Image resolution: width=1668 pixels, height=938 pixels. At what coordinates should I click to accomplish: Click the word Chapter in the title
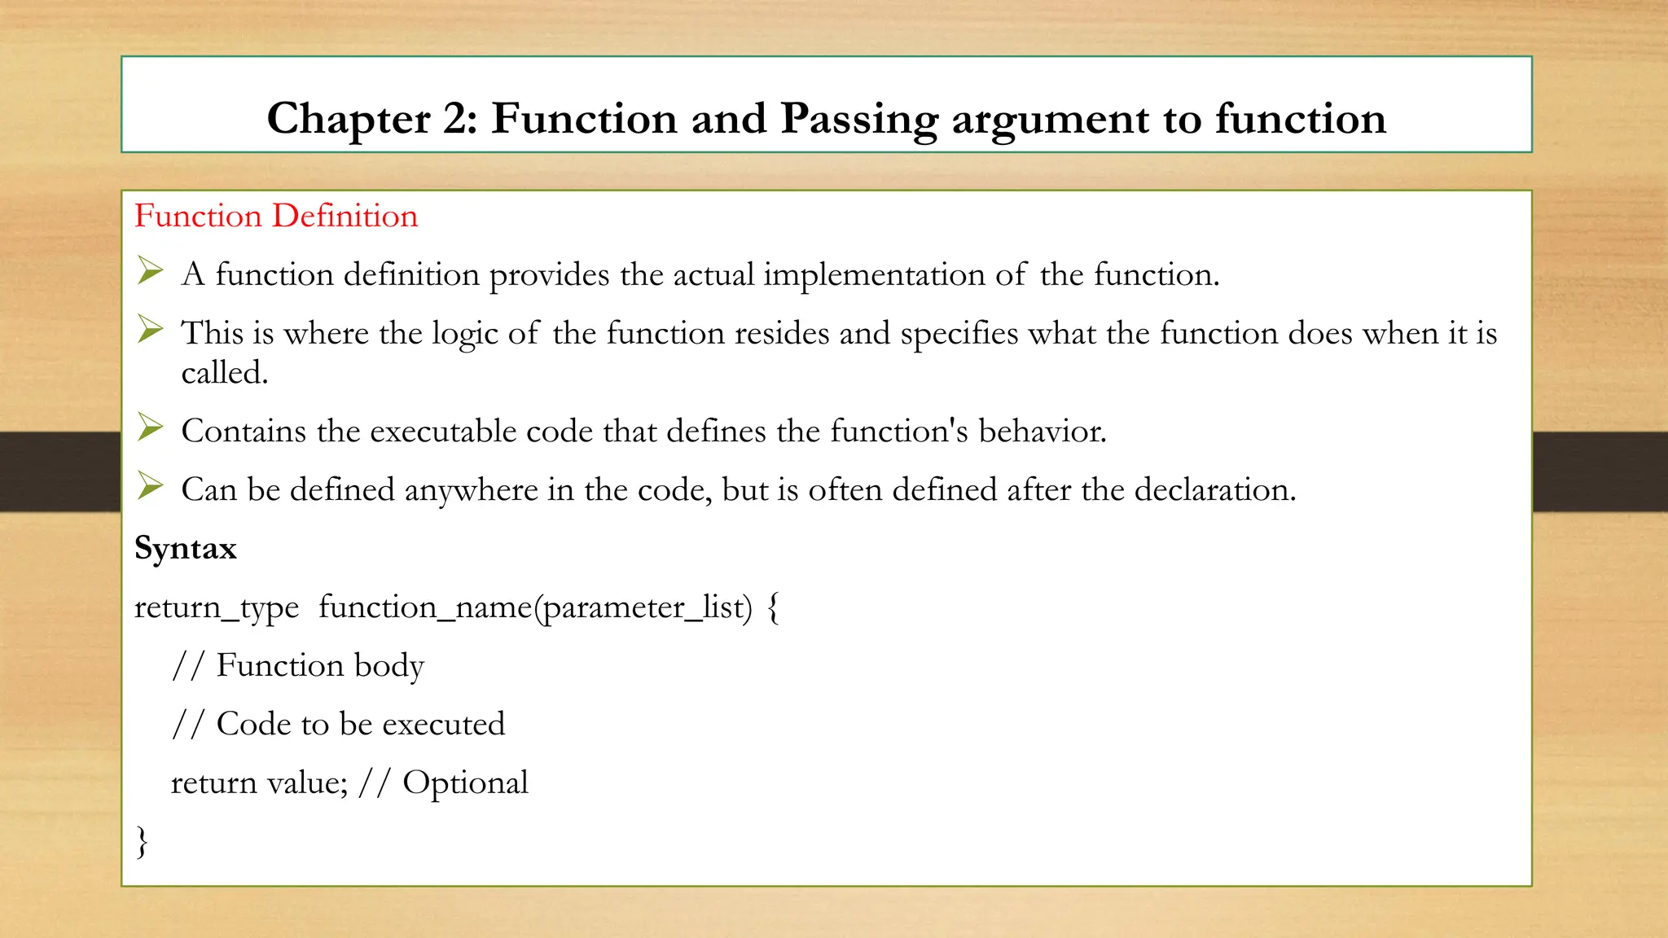pos(348,119)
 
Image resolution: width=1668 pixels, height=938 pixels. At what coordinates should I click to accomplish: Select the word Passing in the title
pos(859,119)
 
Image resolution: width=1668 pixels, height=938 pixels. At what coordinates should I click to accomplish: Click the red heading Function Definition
pos(276,216)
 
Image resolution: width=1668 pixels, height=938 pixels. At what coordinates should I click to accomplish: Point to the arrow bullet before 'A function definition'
pos(150,270)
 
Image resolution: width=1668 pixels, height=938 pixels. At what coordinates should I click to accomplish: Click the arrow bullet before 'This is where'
pos(150,329)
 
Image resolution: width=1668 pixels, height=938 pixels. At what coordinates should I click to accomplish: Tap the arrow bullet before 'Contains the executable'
pos(150,427)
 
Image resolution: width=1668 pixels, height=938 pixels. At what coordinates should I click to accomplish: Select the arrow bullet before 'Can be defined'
pos(150,485)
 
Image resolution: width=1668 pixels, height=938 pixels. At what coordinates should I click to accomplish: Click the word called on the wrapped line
pos(224,374)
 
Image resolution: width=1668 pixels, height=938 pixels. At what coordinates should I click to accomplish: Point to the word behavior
pos(1042,432)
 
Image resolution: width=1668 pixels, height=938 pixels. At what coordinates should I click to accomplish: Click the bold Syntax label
pos(186,549)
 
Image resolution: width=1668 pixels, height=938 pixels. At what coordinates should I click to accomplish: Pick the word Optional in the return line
pos(465,783)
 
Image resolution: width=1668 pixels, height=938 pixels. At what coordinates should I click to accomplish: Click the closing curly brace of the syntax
pos(143,841)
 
